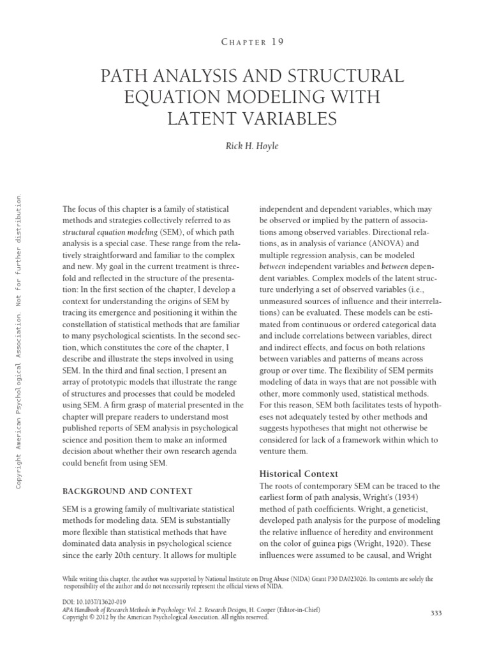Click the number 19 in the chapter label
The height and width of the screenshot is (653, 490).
pyautogui.click(x=276, y=41)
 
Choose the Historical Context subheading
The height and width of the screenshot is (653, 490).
pyautogui.click(x=299, y=474)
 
